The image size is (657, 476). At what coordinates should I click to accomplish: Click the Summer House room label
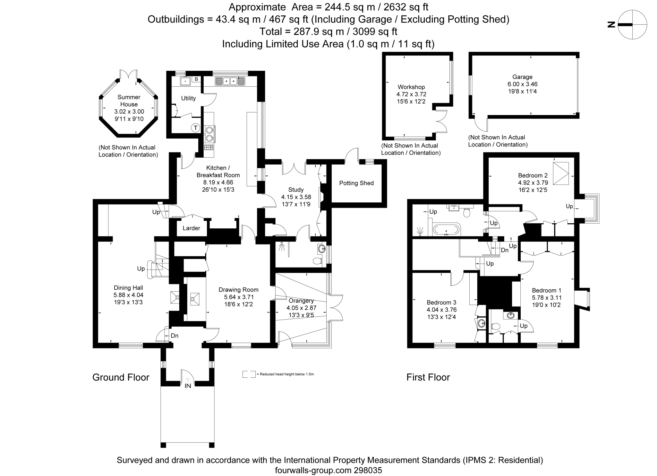[x=129, y=101]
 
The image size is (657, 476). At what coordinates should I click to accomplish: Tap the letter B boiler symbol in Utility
[x=196, y=79]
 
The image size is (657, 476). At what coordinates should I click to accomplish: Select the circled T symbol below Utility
[x=195, y=128]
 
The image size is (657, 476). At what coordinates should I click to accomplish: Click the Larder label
[x=191, y=228]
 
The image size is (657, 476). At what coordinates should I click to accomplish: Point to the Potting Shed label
[x=356, y=183]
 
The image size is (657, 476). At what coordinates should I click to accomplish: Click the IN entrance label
[x=188, y=386]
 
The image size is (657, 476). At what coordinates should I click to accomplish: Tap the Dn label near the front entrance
[x=175, y=336]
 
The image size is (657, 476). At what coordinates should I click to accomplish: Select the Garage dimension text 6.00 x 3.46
[x=522, y=84]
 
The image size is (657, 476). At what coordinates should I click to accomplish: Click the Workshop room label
[x=411, y=87]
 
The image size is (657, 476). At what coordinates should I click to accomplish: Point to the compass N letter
[x=611, y=25]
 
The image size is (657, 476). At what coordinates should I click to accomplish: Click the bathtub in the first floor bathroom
[x=447, y=230]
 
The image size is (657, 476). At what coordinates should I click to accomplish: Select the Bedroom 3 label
[x=441, y=302]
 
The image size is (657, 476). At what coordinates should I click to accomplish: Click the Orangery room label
[x=301, y=301]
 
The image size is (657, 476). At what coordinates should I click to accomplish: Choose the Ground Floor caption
[x=121, y=377]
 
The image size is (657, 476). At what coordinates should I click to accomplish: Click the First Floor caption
[x=428, y=377]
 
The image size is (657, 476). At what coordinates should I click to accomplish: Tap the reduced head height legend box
[x=249, y=374]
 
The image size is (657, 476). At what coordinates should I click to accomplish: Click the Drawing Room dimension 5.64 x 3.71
[x=238, y=297]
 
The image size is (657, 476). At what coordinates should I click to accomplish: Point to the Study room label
[x=296, y=190]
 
